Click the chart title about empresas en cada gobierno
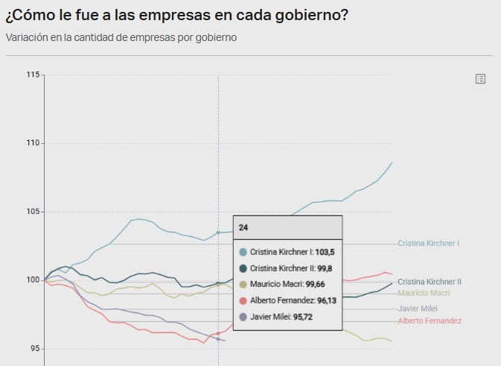pyautogui.click(x=176, y=15)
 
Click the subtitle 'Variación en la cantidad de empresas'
pyautogui.click(x=121, y=37)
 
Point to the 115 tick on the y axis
pyautogui.click(x=33, y=75)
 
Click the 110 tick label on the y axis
pyautogui.click(x=33, y=143)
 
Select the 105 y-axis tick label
pyautogui.click(x=33, y=212)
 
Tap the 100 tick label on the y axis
pyautogui.click(x=33, y=280)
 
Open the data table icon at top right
pyautogui.click(x=480, y=79)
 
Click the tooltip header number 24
pyautogui.click(x=243, y=227)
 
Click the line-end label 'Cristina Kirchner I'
pyautogui.click(x=428, y=243)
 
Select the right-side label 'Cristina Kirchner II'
pyautogui.click(x=430, y=282)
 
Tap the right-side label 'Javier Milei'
pyautogui.click(x=417, y=308)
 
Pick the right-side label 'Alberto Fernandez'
pyautogui.click(x=430, y=321)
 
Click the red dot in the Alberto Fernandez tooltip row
pyautogui.click(x=243, y=300)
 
